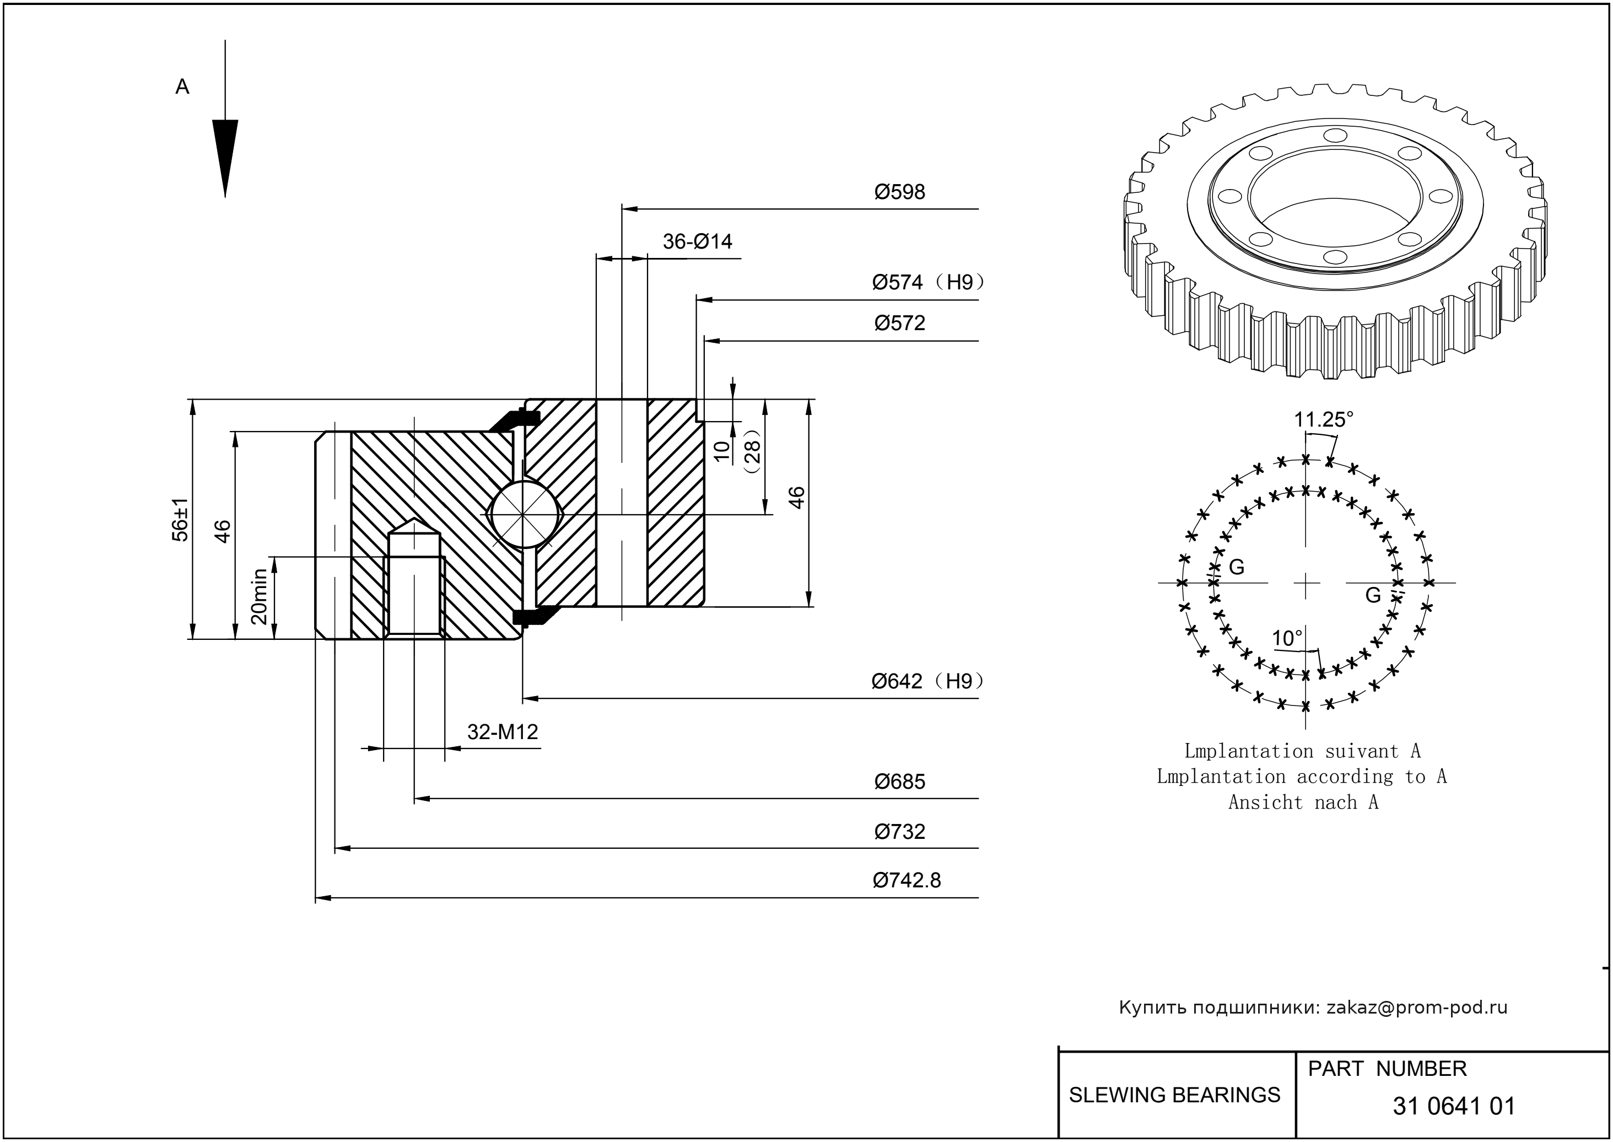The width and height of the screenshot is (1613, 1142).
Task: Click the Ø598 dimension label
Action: click(899, 192)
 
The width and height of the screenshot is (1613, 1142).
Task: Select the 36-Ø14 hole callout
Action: click(697, 242)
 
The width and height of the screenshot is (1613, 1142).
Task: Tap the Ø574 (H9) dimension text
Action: click(927, 283)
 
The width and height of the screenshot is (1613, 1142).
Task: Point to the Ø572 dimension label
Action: click(899, 324)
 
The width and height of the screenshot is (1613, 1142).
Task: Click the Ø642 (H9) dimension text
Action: click(927, 681)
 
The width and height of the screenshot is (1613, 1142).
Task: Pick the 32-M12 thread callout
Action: click(502, 732)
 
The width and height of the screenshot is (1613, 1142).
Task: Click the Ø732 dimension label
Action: click(899, 832)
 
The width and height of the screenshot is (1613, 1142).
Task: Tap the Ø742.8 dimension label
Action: click(907, 880)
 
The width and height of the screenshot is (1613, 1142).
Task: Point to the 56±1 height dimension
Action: click(181, 520)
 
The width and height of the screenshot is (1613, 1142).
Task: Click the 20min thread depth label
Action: click(260, 596)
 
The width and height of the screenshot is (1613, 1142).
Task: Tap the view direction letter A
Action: click(182, 87)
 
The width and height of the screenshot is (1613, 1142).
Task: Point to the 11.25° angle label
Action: click(1323, 420)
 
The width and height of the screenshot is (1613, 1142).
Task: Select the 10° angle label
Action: click(1287, 638)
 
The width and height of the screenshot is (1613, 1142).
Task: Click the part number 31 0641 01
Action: click(1453, 1106)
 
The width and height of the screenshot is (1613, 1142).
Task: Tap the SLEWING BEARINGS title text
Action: click(1174, 1095)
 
